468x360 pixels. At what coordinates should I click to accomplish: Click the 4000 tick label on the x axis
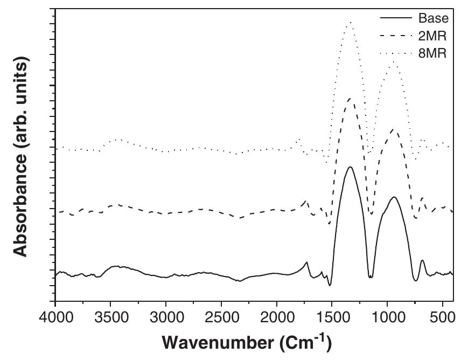tap(55, 317)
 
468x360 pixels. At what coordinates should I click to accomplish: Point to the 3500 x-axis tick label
tap(110, 317)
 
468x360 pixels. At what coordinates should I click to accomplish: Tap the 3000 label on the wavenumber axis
tap(166, 317)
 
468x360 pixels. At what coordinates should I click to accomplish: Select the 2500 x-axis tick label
tap(221, 317)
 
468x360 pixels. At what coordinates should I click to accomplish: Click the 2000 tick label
tap(276, 317)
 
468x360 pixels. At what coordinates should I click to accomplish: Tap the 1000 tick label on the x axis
tap(387, 317)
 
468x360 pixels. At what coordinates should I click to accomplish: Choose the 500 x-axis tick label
tap(442, 317)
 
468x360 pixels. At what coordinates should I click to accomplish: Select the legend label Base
tap(433, 18)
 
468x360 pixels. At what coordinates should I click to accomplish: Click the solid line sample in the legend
tap(396, 18)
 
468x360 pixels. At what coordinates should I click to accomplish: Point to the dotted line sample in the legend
tap(396, 53)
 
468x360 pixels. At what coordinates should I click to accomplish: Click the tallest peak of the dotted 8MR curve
tap(351, 22)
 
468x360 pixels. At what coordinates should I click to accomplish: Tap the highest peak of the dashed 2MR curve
tap(351, 99)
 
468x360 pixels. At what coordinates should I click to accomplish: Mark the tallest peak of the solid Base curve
tap(350, 167)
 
